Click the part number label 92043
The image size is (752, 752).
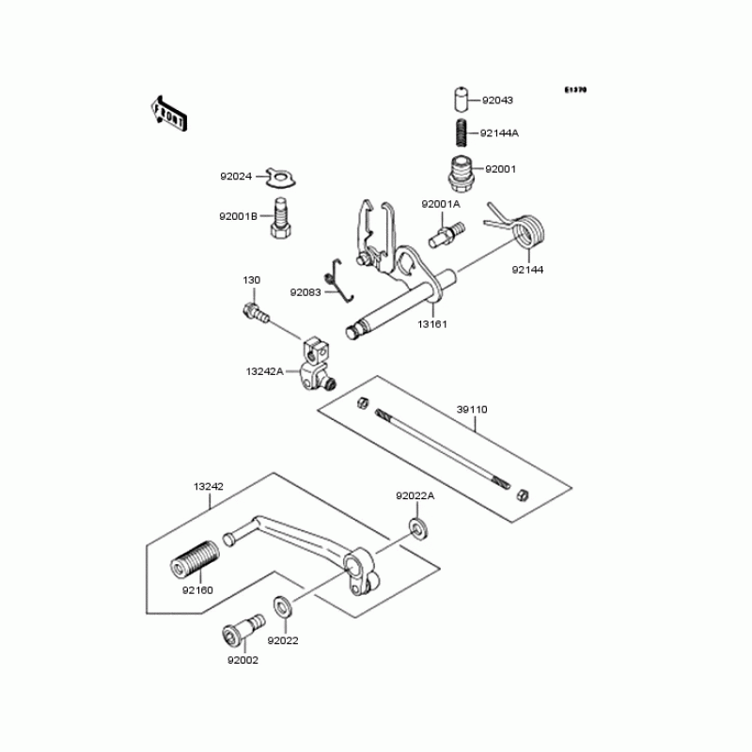click(498, 99)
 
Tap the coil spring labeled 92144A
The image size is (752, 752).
click(462, 132)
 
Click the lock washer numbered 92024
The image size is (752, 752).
click(279, 175)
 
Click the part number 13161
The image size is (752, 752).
click(432, 323)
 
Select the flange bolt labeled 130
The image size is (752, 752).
click(256, 312)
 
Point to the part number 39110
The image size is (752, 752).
click(472, 410)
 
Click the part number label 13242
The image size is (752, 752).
click(208, 486)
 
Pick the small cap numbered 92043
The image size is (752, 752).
click(462, 99)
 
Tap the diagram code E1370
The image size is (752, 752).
click(575, 90)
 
